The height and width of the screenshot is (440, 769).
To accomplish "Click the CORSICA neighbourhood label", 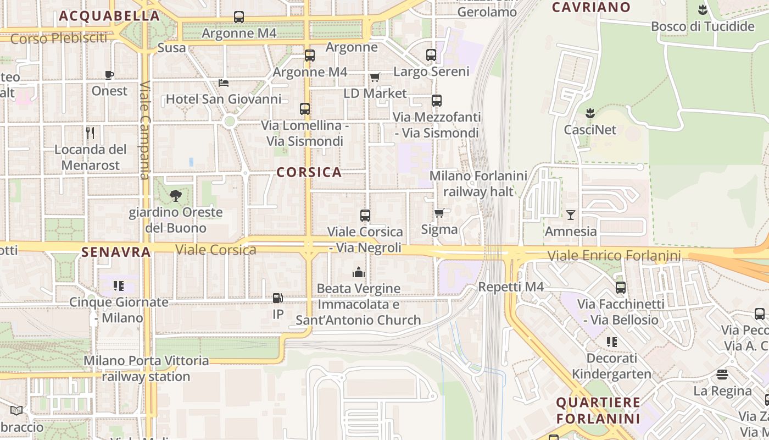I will [x=309, y=172].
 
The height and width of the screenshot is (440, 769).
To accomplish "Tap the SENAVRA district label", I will [x=116, y=252].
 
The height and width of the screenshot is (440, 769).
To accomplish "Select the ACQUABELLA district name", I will [x=109, y=16].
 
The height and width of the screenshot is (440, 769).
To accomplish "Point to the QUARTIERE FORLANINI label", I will [x=598, y=410].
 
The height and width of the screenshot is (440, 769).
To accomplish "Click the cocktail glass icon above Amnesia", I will [x=571, y=215].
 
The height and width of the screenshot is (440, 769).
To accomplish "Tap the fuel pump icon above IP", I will [x=278, y=298].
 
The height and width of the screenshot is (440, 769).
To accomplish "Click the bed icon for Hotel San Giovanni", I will [x=224, y=83].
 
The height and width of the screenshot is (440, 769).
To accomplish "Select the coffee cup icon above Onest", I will [x=109, y=75].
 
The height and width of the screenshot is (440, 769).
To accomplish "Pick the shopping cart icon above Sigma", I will [x=439, y=213].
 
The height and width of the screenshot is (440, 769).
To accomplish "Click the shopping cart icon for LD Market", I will [x=375, y=77].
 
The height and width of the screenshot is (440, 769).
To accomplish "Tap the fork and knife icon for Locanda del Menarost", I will [x=91, y=133].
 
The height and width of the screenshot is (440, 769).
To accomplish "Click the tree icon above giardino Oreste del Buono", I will [x=176, y=195].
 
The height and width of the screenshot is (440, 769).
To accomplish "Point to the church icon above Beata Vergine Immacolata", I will [x=359, y=272].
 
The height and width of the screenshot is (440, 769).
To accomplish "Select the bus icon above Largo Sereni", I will [x=431, y=55].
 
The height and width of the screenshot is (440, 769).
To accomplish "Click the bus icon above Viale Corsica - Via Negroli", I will [x=365, y=216].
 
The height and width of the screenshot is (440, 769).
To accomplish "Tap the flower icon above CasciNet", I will [x=590, y=114].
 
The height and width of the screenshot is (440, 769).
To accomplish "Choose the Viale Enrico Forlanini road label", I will [x=614, y=255].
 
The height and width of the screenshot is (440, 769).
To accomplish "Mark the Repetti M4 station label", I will [x=511, y=287].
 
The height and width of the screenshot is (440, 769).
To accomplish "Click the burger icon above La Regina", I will [x=722, y=375].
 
